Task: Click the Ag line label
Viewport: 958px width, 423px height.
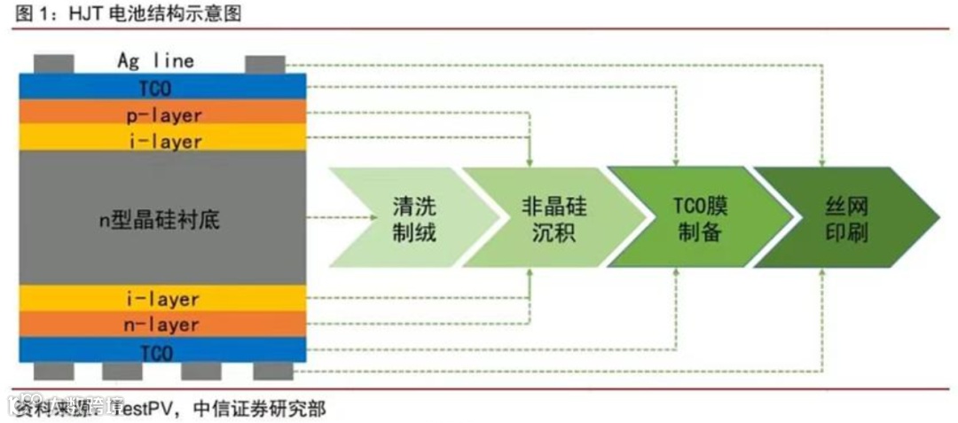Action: coord(155,61)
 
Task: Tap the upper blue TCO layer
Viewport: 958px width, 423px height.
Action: coord(163,88)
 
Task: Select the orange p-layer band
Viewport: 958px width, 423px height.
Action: coord(163,114)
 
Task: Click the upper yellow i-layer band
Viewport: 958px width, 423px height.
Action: coord(163,140)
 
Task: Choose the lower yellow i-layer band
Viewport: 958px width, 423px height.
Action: coord(163,299)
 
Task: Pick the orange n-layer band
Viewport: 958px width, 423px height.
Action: coord(163,325)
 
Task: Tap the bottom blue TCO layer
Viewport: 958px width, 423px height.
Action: coord(163,351)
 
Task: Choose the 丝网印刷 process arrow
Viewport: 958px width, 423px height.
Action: coord(843,218)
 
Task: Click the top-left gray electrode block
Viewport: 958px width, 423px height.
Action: coord(54,65)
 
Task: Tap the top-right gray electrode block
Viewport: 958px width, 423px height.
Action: coord(264,65)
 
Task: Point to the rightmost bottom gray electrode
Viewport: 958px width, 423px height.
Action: coord(271,370)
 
